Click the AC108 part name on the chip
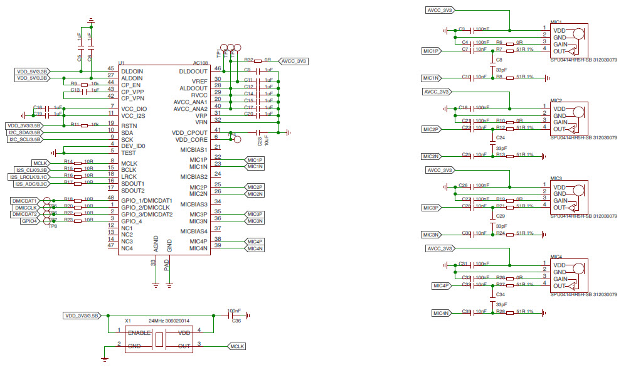tap(199, 63)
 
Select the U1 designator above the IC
tap(121, 63)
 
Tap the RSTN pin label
tap(127, 125)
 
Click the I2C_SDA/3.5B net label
tap(24, 132)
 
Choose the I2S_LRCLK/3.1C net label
tap(29, 177)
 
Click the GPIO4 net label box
tap(29, 221)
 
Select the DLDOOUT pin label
tap(193, 72)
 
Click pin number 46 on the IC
tap(218, 68)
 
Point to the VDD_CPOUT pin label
tap(189, 133)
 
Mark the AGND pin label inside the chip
tap(154, 245)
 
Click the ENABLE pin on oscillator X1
tap(140, 333)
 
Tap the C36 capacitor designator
tap(236, 321)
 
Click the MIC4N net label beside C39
tap(441, 312)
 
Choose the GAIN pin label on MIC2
tap(560, 122)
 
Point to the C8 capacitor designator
tap(499, 60)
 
